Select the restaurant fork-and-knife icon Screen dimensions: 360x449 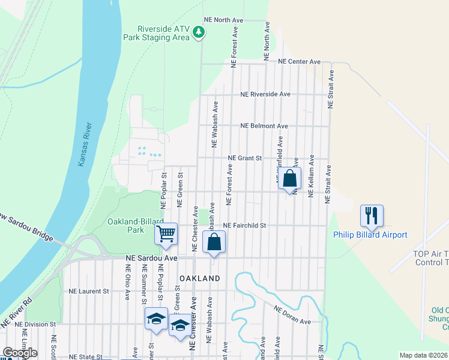[x=372, y=215]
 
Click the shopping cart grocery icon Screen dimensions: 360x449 [x=166, y=233]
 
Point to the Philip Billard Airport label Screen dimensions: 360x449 [x=370, y=235]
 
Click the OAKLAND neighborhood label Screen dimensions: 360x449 [x=200, y=278]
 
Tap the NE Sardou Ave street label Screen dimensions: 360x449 [x=152, y=257]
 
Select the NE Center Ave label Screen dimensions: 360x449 [x=300, y=62]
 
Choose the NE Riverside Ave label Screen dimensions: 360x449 [x=265, y=94]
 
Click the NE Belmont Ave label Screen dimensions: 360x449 [x=264, y=126]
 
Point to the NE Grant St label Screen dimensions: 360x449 [x=245, y=158]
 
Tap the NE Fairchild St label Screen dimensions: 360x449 [x=244, y=226]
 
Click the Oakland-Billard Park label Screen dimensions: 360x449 [x=134, y=226]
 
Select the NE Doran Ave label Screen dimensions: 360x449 [x=292, y=315]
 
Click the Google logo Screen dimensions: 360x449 [x=19, y=353]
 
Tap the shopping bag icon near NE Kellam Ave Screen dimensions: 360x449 [x=289, y=178]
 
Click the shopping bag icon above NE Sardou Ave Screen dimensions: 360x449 [x=214, y=242]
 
